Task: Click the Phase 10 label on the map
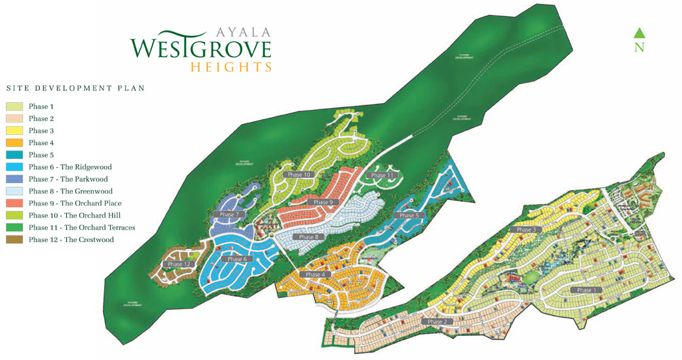(299, 174)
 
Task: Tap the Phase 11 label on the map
(382, 175)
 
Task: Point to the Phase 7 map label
(229, 214)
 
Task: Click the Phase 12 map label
(178, 264)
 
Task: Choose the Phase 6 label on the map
(236, 258)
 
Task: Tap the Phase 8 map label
(308, 237)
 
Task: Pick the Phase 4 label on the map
(314, 275)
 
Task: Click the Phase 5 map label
(408, 215)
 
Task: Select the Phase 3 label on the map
(526, 230)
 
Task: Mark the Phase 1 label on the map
(584, 290)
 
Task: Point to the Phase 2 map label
(437, 322)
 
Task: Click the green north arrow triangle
(639, 33)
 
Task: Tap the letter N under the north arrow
(639, 48)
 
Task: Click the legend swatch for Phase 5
(15, 155)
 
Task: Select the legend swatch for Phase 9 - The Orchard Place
(15, 203)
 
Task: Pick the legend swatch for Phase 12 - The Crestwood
(15, 240)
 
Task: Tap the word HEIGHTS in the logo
(231, 67)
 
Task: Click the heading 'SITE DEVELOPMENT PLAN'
(75, 88)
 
